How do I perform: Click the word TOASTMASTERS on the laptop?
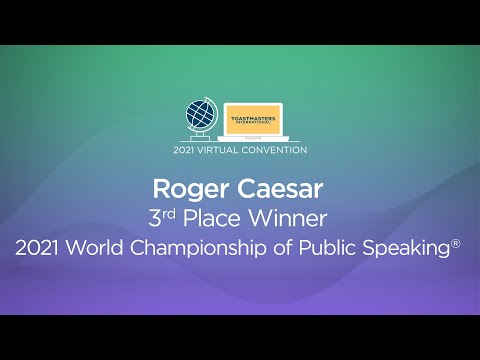point(253,117)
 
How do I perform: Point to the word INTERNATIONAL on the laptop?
point(253,123)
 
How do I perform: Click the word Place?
point(220,217)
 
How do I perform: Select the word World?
point(104,246)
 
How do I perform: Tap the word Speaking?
point(406,246)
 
